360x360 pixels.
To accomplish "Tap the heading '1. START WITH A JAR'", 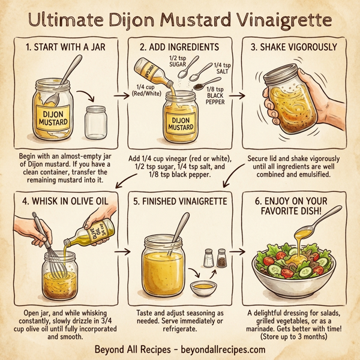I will [62, 47].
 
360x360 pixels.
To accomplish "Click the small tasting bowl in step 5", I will [204, 288].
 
